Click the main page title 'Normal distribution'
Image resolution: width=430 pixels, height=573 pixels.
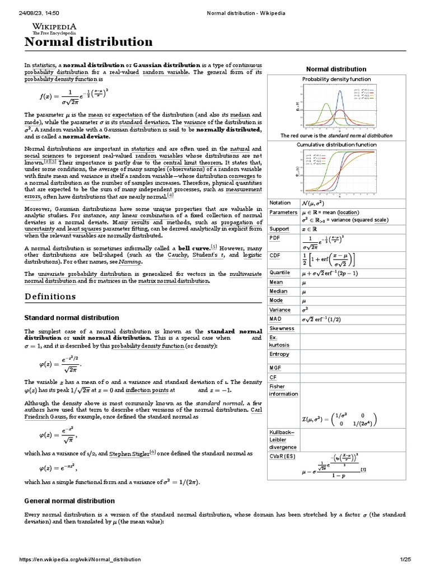88,43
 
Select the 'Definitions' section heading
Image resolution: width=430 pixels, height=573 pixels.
50,296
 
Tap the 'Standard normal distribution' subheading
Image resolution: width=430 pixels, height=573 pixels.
72,317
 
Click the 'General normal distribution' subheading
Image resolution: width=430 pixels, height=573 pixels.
69,500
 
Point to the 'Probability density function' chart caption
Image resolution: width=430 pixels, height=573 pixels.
336,79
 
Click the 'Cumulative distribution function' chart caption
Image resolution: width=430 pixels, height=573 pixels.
336,144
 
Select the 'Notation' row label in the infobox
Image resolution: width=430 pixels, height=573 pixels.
280,203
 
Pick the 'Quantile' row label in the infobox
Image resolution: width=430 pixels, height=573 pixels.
280,273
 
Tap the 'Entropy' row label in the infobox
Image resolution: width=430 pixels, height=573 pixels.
279,354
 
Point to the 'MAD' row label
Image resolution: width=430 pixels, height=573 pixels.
276,319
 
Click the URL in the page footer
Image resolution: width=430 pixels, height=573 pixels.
80,559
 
